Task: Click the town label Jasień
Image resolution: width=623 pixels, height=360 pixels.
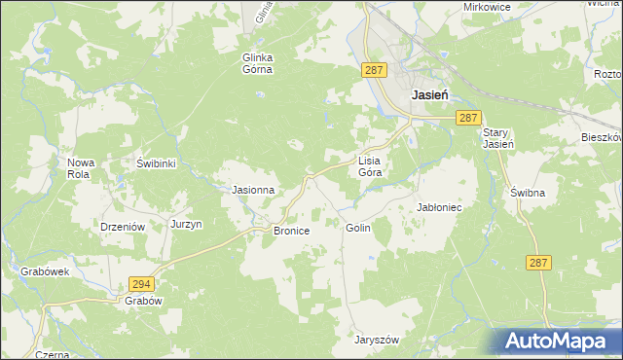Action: pos(429,95)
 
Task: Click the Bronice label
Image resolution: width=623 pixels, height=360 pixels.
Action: pos(291,231)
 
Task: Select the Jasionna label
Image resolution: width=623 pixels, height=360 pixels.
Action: pos(252,190)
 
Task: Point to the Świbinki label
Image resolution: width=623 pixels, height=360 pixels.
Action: pos(156,163)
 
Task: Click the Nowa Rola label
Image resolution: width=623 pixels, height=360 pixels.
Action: pos(80,168)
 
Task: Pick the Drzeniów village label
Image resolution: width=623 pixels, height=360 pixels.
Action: pos(123,225)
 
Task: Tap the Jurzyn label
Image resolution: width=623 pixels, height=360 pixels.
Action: pos(186,224)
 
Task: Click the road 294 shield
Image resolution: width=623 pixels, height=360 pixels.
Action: pos(141,283)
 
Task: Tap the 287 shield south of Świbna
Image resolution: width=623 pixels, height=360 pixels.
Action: pos(540,263)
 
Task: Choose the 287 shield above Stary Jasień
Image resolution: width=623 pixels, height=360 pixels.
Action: pos(469,117)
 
